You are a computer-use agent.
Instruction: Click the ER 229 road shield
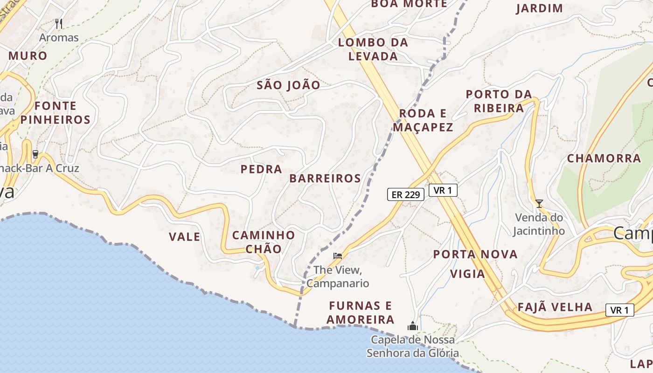tap(405, 195)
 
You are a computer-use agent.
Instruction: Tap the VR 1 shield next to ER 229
tap(443, 190)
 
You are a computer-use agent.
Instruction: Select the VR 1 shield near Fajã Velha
tap(619, 310)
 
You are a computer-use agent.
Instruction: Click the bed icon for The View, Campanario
tap(338, 256)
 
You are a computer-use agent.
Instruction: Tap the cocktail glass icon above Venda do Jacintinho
tap(539, 203)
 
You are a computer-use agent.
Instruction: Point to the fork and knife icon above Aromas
tap(59, 23)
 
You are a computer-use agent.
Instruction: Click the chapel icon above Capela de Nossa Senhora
tap(412, 326)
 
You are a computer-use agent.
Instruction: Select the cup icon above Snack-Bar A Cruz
tap(35, 154)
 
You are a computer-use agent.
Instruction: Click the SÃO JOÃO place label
tap(289, 85)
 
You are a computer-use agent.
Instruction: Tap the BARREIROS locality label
tap(325, 179)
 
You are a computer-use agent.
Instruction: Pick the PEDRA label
tap(261, 169)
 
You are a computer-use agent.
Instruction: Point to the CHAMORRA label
tap(604, 159)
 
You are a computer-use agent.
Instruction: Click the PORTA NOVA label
tap(475, 255)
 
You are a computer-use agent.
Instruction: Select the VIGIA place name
tap(468, 274)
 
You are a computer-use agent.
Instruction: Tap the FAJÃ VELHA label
tap(555, 307)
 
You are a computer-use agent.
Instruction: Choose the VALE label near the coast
tap(185, 237)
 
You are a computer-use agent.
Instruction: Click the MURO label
tap(28, 56)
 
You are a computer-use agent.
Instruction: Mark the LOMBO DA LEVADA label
tap(373, 49)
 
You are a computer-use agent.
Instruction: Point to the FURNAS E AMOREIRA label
tap(360, 313)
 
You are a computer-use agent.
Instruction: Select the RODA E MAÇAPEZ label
tap(423, 120)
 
